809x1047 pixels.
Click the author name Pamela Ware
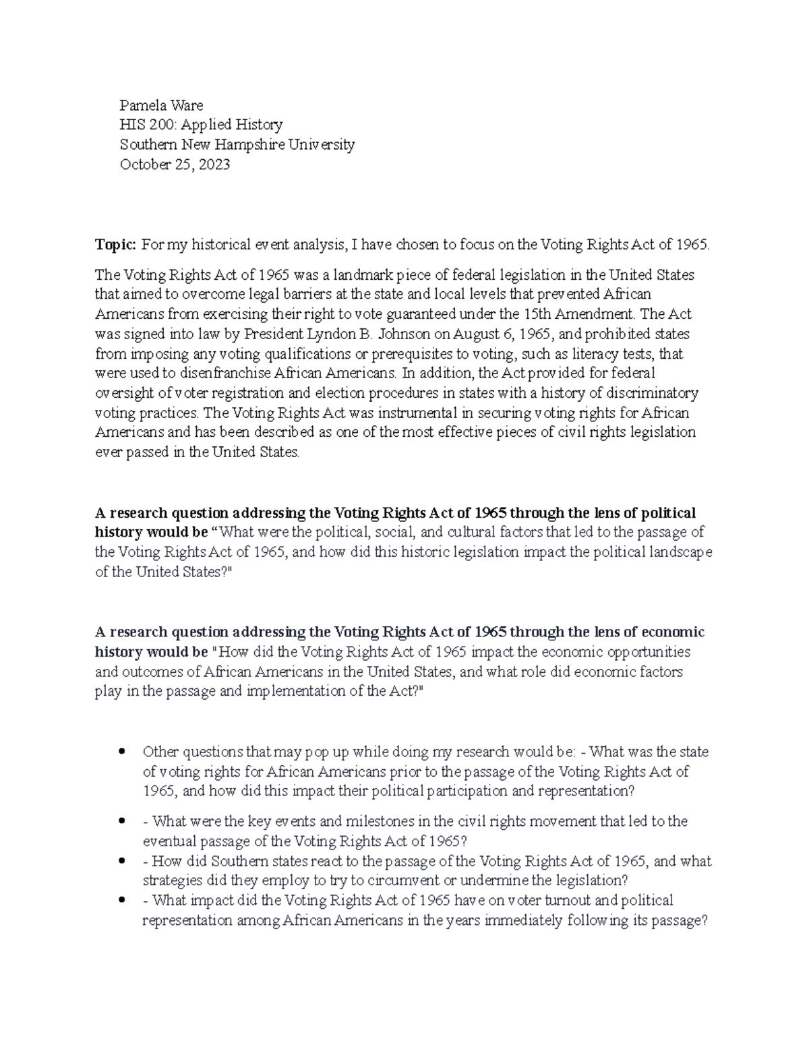161,105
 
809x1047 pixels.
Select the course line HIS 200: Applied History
201,125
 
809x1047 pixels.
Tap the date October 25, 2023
175,164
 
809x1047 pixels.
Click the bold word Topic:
116,245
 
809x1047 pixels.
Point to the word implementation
291,691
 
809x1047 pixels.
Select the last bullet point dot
122,900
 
